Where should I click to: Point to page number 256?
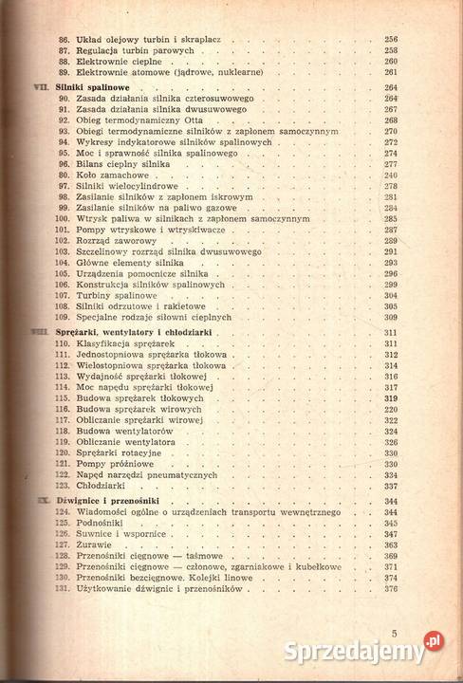391,40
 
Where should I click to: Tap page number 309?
391,317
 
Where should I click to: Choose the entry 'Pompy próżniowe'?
113,464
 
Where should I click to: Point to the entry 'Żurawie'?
94,545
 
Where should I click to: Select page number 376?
391,589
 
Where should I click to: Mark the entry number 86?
64,40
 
